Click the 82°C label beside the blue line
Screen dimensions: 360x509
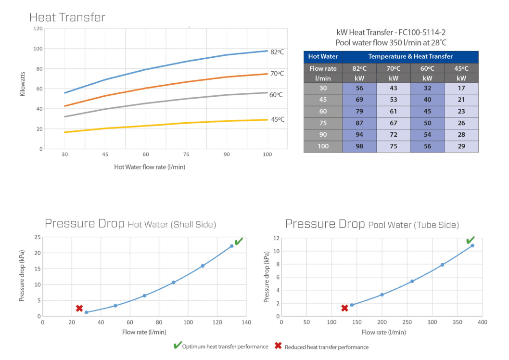click(x=277, y=52)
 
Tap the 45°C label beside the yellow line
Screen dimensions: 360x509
click(x=278, y=119)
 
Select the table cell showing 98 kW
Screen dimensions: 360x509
click(x=359, y=146)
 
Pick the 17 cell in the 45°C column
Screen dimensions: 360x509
click(x=461, y=88)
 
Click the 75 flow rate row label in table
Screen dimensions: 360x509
click(x=323, y=123)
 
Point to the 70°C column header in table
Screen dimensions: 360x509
click(x=394, y=68)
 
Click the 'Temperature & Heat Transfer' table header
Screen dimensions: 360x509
click(x=410, y=57)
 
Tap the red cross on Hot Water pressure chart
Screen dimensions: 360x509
click(x=79, y=308)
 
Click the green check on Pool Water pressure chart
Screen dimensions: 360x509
click(x=471, y=240)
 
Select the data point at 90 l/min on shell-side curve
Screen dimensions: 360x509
click(x=173, y=283)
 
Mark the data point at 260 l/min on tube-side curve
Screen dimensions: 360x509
click(x=412, y=281)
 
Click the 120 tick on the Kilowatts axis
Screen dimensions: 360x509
click(x=38, y=28)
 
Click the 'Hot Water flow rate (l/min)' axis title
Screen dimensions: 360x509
click(x=150, y=167)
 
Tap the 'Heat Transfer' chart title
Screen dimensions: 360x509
click(x=67, y=18)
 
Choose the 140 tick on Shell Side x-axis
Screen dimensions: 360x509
click(x=246, y=322)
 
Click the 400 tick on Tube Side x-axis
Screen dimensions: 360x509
click(x=482, y=322)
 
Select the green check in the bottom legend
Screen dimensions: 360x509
click(x=177, y=346)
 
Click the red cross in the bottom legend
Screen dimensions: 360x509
click(x=278, y=346)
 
